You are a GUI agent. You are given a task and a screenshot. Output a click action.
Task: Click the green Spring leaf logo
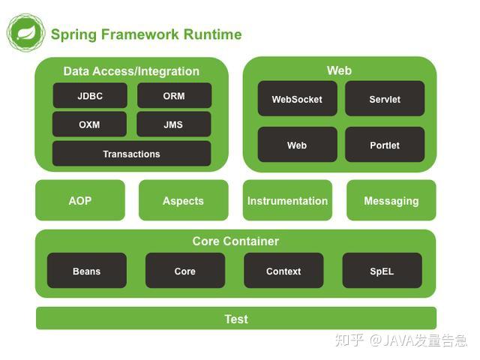click(x=25, y=33)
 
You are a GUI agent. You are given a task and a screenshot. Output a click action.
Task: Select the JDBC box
click(x=90, y=96)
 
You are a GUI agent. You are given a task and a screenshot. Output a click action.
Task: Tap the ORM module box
click(x=174, y=96)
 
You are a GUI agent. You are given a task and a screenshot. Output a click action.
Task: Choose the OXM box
click(x=90, y=124)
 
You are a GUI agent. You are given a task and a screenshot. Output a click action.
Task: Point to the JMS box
click(x=174, y=124)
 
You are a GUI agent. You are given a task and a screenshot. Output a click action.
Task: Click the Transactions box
click(x=131, y=154)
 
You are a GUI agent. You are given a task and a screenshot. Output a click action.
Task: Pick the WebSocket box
click(x=297, y=99)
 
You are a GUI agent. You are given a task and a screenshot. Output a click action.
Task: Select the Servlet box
click(x=385, y=99)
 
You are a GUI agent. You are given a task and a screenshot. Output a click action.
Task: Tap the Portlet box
click(x=385, y=145)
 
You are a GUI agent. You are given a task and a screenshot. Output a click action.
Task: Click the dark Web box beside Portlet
click(x=297, y=145)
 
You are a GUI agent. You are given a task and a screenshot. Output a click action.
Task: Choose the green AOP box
click(x=80, y=200)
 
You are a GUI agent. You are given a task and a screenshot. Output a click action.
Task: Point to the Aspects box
click(x=183, y=200)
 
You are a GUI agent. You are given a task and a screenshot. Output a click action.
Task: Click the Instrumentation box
click(x=287, y=200)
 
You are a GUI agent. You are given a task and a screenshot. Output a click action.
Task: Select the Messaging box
click(x=391, y=200)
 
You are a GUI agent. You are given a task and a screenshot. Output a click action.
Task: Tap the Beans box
click(x=87, y=271)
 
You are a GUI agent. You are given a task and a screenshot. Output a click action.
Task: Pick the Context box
click(x=283, y=271)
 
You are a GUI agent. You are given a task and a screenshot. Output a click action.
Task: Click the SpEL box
click(x=382, y=271)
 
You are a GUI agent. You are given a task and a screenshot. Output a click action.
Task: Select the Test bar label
click(x=236, y=319)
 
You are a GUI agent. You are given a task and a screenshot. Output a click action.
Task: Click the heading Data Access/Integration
click(x=131, y=71)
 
